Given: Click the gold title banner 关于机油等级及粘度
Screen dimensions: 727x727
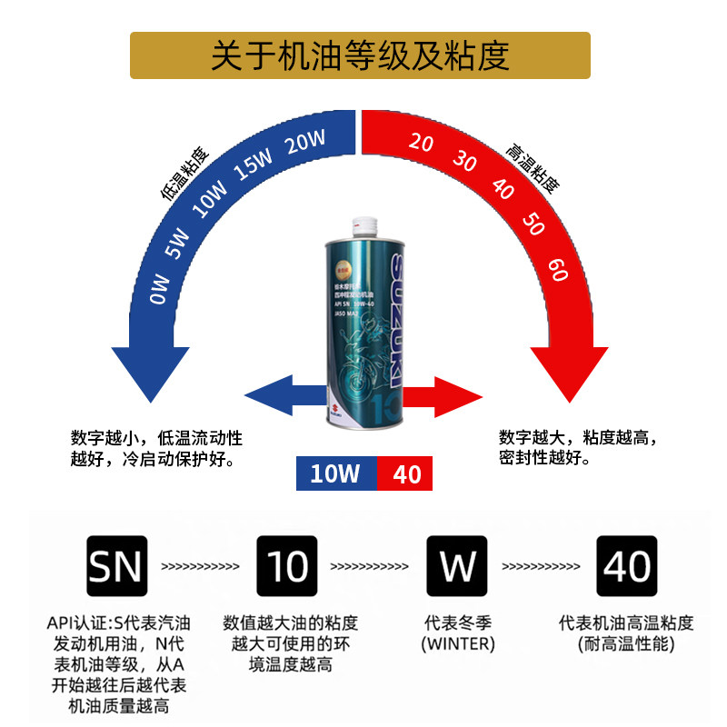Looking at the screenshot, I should tap(360, 55).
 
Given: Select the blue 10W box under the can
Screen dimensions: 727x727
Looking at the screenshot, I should tap(336, 474).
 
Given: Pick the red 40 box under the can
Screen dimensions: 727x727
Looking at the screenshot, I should tap(405, 474).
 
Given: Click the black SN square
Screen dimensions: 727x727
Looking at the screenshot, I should tap(116, 566).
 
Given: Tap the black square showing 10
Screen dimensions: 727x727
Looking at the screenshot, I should tap(287, 566).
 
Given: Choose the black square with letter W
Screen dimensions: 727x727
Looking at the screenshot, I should tap(457, 566).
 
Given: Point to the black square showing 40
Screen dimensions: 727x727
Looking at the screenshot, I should tap(627, 566).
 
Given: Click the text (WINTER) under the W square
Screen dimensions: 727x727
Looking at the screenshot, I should tap(458, 644).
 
